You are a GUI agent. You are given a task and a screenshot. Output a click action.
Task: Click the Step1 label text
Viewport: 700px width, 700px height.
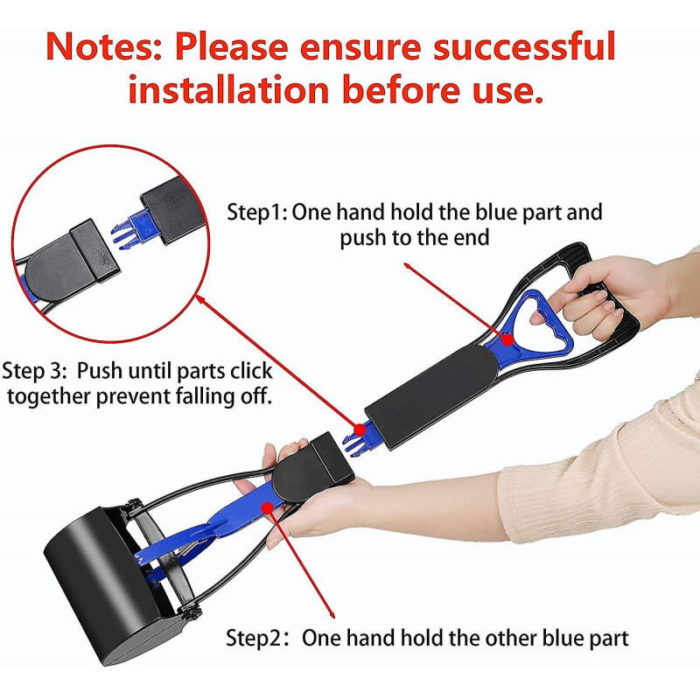[x=255, y=213]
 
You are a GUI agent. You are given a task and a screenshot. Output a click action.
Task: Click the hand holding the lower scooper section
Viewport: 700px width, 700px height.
[x=289, y=490]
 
